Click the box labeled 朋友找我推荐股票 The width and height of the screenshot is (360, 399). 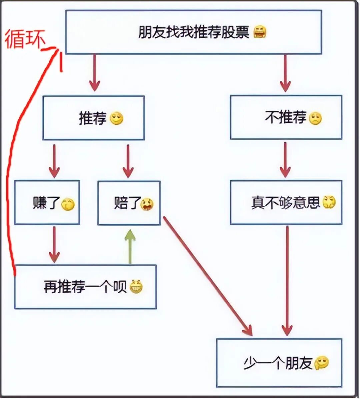193,32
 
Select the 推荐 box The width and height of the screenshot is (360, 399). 93,118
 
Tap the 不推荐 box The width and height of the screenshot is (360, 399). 286,117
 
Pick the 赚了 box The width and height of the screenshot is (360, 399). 47,203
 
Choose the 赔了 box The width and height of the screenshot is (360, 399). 129,203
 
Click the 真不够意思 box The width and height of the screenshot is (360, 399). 286,203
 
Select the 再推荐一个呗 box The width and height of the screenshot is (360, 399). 85,287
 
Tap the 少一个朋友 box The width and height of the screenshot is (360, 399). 279,363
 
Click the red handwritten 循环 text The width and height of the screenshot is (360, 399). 25,39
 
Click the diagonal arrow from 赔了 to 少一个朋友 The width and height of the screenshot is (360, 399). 207,275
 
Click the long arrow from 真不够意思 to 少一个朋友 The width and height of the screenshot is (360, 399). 287,280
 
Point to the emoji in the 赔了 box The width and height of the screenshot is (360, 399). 147,204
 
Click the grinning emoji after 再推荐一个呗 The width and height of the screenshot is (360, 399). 136,286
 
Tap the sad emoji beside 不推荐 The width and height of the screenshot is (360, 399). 315,118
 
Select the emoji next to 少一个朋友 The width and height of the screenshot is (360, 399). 321,362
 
